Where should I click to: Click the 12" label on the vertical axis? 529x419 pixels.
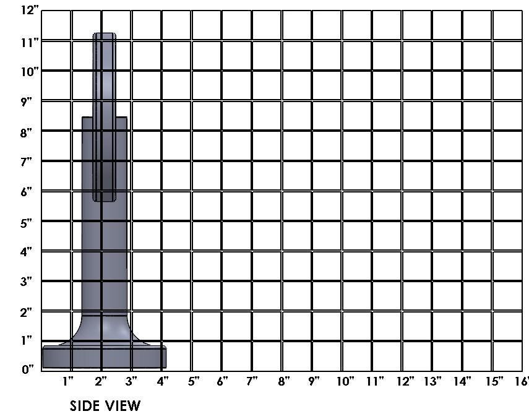pyautogui.click(x=30, y=9)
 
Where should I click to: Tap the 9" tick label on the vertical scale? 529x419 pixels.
pyautogui.click(x=26, y=102)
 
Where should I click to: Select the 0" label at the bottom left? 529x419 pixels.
pyautogui.click(x=28, y=369)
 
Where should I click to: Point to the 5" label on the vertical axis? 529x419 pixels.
pyautogui.click(x=26, y=223)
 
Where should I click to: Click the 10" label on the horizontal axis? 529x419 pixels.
pyautogui.click(x=345, y=381)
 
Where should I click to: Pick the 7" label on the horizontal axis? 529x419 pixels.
pyautogui.click(x=252, y=381)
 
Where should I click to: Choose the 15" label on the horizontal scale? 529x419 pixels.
pyautogui.click(x=494, y=381)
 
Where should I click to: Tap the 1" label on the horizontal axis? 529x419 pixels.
pyautogui.click(x=68, y=381)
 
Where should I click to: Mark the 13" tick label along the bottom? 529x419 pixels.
pyautogui.click(x=432, y=381)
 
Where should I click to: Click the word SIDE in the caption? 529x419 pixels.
pyautogui.click(x=84, y=405)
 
